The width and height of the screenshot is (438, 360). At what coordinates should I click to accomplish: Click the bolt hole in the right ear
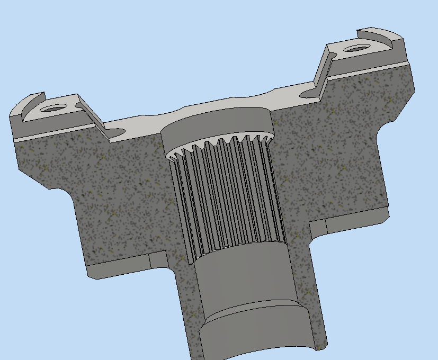click(x=355, y=49)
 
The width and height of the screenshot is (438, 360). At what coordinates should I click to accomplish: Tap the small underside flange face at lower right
click(x=355, y=222)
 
